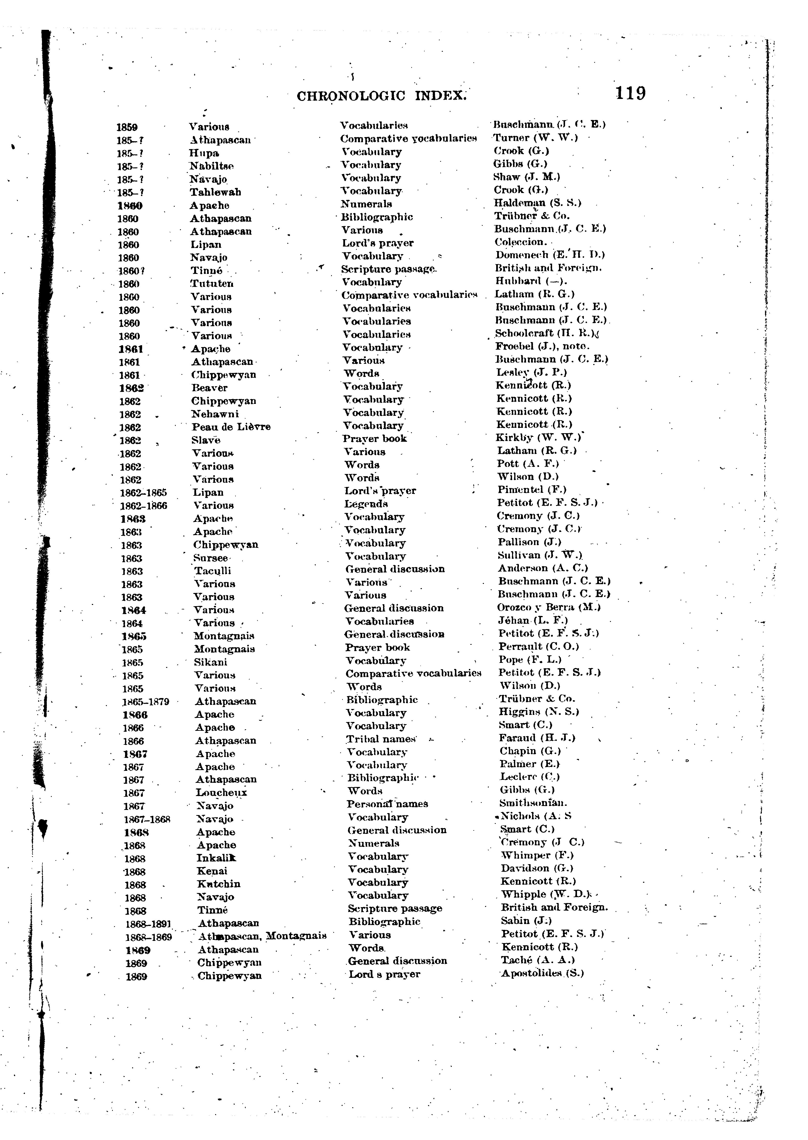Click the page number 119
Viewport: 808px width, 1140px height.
630,94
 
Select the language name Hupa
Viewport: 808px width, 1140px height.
204,153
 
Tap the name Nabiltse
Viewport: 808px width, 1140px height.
212,166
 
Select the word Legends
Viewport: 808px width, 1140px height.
366,504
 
